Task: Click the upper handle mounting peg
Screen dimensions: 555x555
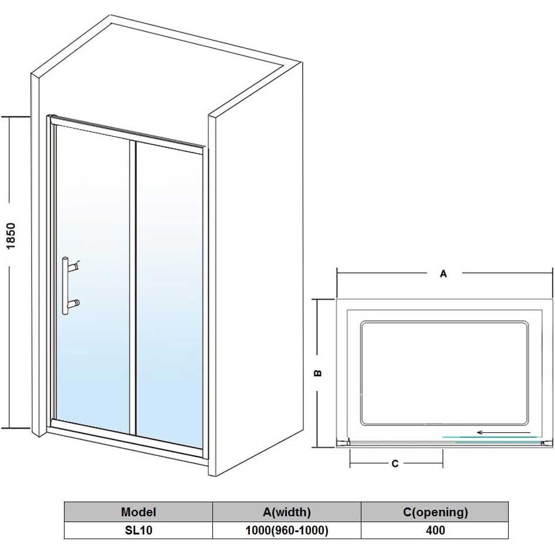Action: pyautogui.click(x=75, y=267)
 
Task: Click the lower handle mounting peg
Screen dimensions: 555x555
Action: pyautogui.click(x=75, y=303)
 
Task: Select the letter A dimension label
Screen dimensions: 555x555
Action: pyautogui.click(x=444, y=273)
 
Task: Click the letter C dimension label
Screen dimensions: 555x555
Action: pyautogui.click(x=395, y=463)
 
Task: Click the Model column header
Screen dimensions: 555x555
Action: pyautogui.click(x=138, y=512)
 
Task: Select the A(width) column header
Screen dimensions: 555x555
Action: pyautogui.click(x=286, y=512)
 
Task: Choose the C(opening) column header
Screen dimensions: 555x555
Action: pyautogui.click(x=435, y=512)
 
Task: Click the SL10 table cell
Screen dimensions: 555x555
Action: pyautogui.click(x=138, y=530)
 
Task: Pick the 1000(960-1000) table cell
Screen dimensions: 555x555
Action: pyautogui.click(x=286, y=530)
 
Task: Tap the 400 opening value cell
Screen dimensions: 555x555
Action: pyautogui.click(x=435, y=530)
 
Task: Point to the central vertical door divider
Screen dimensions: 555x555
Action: pyautogui.click(x=133, y=287)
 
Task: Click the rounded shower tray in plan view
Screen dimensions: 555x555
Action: pyautogui.click(x=444, y=373)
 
